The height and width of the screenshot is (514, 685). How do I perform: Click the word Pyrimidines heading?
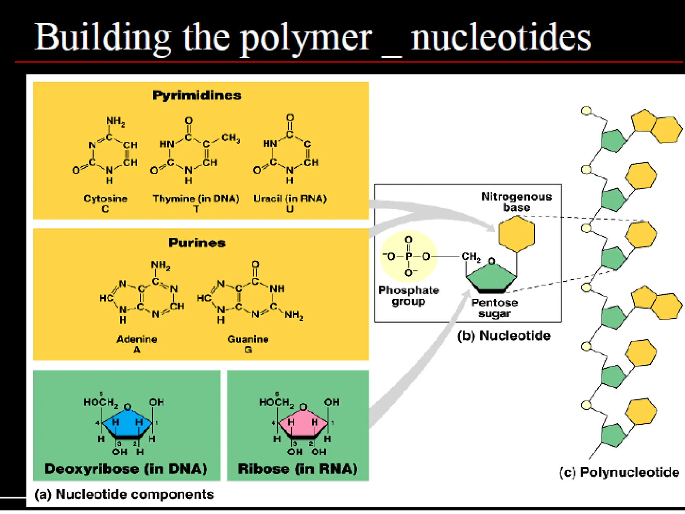pyautogui.click(x=197, y=95)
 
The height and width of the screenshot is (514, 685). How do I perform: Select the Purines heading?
pyautogui.click(x=197, y=243)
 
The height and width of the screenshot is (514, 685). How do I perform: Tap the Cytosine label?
pyautogui.click(x=105, y=198)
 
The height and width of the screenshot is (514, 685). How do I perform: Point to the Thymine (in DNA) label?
pyautogui.click(x=196, y=198)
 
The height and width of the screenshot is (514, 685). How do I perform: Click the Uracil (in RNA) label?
pyautogui.click(x=290, y=198)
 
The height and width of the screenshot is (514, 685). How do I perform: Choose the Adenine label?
pyautogui.click(x=137, y=339)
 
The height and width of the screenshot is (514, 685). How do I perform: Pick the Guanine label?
pyautogui.click(x=248, y=339)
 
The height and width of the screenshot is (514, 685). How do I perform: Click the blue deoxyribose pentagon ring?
pyautogui.click(x=127, y=423)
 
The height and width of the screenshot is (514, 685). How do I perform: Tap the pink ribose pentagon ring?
pyautogui.click(x=303, y=423)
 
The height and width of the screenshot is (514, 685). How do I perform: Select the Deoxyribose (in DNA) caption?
pyautogui.click(x=126, y=469)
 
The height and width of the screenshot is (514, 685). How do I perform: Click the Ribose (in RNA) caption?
pyautogui.click(x=298, y=469)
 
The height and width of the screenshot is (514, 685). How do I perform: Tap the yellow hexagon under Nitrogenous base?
pyautogui.click(x=516, y=234)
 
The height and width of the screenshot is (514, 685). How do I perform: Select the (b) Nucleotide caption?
pyautogui.click(x=504, y=336)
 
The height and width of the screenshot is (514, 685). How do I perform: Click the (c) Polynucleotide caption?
pyautogui.click(x=619, y=472)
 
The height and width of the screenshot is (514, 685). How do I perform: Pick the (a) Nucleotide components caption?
pyautogui.click(x=124, y=494)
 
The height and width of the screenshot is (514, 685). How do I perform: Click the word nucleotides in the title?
pyautogui.click(x=501, y=38)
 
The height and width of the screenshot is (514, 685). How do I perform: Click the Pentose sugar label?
pyautogui.click(x=495, y=308)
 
